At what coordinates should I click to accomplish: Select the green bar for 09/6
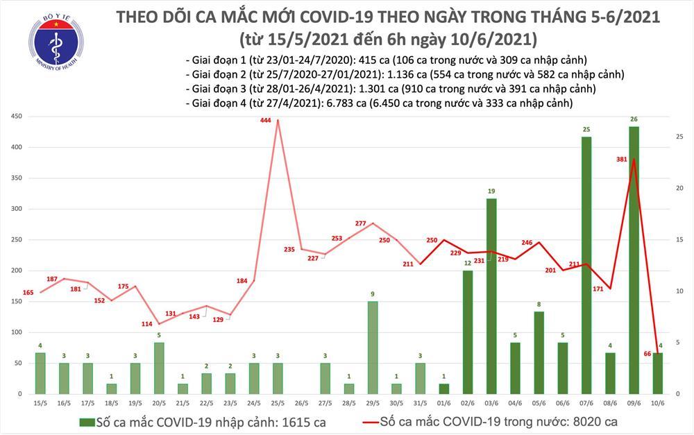tap(634, 260)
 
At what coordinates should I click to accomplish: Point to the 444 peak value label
tap(265, 121)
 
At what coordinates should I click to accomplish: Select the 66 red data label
tap(647, 354)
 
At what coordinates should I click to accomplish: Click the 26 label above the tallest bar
tap(634, 119)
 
